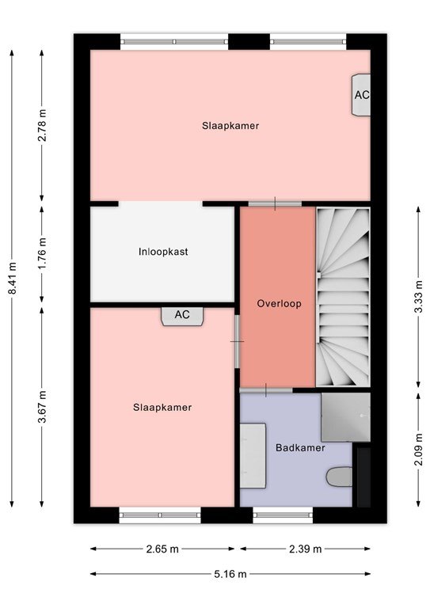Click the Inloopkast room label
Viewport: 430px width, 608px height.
[163, 252]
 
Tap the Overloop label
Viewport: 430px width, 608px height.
[280, 303]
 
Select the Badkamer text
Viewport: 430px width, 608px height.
[300, 448]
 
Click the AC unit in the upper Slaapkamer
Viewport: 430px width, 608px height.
[361, 95]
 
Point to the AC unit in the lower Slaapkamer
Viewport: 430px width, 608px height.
[182, 316]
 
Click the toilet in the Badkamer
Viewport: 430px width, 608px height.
[339, 477]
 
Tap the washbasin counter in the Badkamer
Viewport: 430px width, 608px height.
[253, 456]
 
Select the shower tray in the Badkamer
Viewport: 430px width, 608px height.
[345, 417]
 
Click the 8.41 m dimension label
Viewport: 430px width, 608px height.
[13, 278]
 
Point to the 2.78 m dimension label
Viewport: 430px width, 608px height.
[42, 125]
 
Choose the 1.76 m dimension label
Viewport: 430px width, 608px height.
[42, 253]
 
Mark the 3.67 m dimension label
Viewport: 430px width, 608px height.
[42, 407]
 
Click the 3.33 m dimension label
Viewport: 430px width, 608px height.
[418, 297]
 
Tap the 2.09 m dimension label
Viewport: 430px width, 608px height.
[418, 450]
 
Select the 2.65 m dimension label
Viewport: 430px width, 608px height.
[162, 549]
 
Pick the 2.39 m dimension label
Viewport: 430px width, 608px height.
[306, 549]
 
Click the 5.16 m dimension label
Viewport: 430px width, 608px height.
[230, 574]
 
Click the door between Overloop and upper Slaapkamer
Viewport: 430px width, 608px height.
[275, 203]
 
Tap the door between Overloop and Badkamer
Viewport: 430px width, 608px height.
[266, 390]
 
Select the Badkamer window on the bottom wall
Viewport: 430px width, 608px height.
[283, 515]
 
